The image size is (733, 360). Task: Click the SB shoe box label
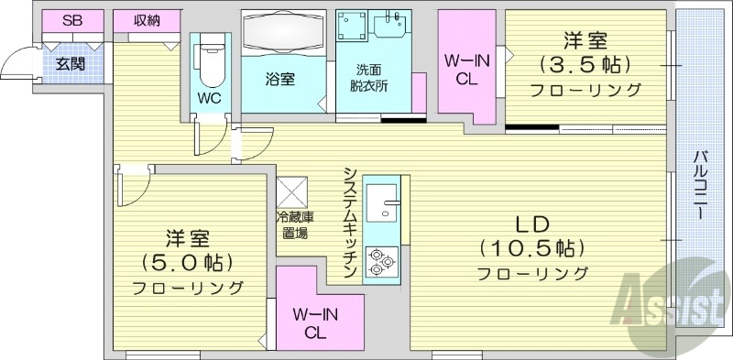tap(70, 20)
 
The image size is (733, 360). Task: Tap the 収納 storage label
tap(147, 20)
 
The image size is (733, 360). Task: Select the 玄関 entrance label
tap(70, 64)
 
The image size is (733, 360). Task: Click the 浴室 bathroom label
tap(281, 79)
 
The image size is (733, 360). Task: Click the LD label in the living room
tap(531, 224)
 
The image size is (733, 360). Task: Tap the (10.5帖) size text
tap(531, 248)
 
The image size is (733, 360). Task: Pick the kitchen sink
tap(382, 202)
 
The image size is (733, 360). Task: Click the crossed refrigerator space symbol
tap(293, 191)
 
